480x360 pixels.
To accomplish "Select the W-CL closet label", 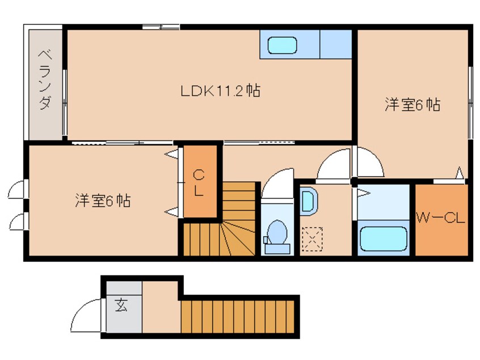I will pos(441,218).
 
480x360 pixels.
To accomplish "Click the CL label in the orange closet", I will pos(199,182).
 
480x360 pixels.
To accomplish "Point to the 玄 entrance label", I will pos(121,305).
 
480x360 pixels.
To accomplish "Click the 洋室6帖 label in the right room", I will pos(412,105).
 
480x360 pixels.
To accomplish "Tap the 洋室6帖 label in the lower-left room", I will pos(103,200).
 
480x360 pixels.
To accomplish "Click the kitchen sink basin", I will pos(283,44).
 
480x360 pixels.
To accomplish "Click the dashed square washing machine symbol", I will pos(311,237).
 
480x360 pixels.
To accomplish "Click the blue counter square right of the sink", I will pos(336,44).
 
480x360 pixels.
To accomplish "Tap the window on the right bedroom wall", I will pos(470,102).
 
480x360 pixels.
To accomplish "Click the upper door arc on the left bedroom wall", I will pos(16,189).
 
